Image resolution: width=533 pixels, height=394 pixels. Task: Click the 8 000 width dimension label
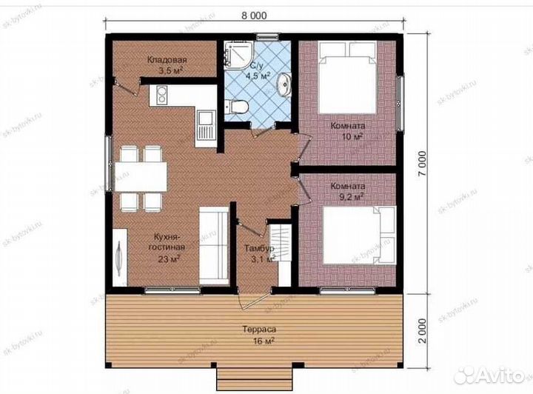pyautogui.click(x=254, y=16)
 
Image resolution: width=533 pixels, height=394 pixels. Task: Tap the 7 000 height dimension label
pyautogui.click(x=422, y=164)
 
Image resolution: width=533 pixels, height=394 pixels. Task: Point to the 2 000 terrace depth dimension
pyautogui.click(x=422, y=331)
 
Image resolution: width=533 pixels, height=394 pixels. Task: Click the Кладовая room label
pyautogui.click(x=167, y=60)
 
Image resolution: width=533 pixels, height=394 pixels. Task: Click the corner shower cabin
pyautogui.click(x=238, y=54)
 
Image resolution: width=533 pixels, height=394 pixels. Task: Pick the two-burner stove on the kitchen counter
pyautogui.click(x=162, y=96)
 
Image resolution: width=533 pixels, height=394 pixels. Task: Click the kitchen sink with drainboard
pyautogui.click(x=206, y=127)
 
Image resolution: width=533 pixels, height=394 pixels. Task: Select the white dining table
pyautogui.click(x=141, y=176)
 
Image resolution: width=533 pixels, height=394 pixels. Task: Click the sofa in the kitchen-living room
pyautogui.click(x=214, y=245)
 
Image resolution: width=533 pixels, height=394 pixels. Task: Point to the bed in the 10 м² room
pyautogui.click(x=347, y=78)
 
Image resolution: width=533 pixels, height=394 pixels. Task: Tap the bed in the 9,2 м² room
pyautogui.click(x=359, y=235)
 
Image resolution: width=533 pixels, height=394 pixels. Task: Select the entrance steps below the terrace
pyautogui.click(x=254, y=378)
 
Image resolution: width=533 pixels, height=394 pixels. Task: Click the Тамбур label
pyautogui.click(x=260, y=249)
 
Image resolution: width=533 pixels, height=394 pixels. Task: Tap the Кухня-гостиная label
pyautogui.click(x=169, y=241)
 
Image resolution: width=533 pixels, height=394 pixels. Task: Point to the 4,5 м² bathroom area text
pyautogui.click(x=258, y=76)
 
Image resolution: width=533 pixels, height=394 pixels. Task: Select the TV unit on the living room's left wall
pyautogui.click(x=120, y=257)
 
